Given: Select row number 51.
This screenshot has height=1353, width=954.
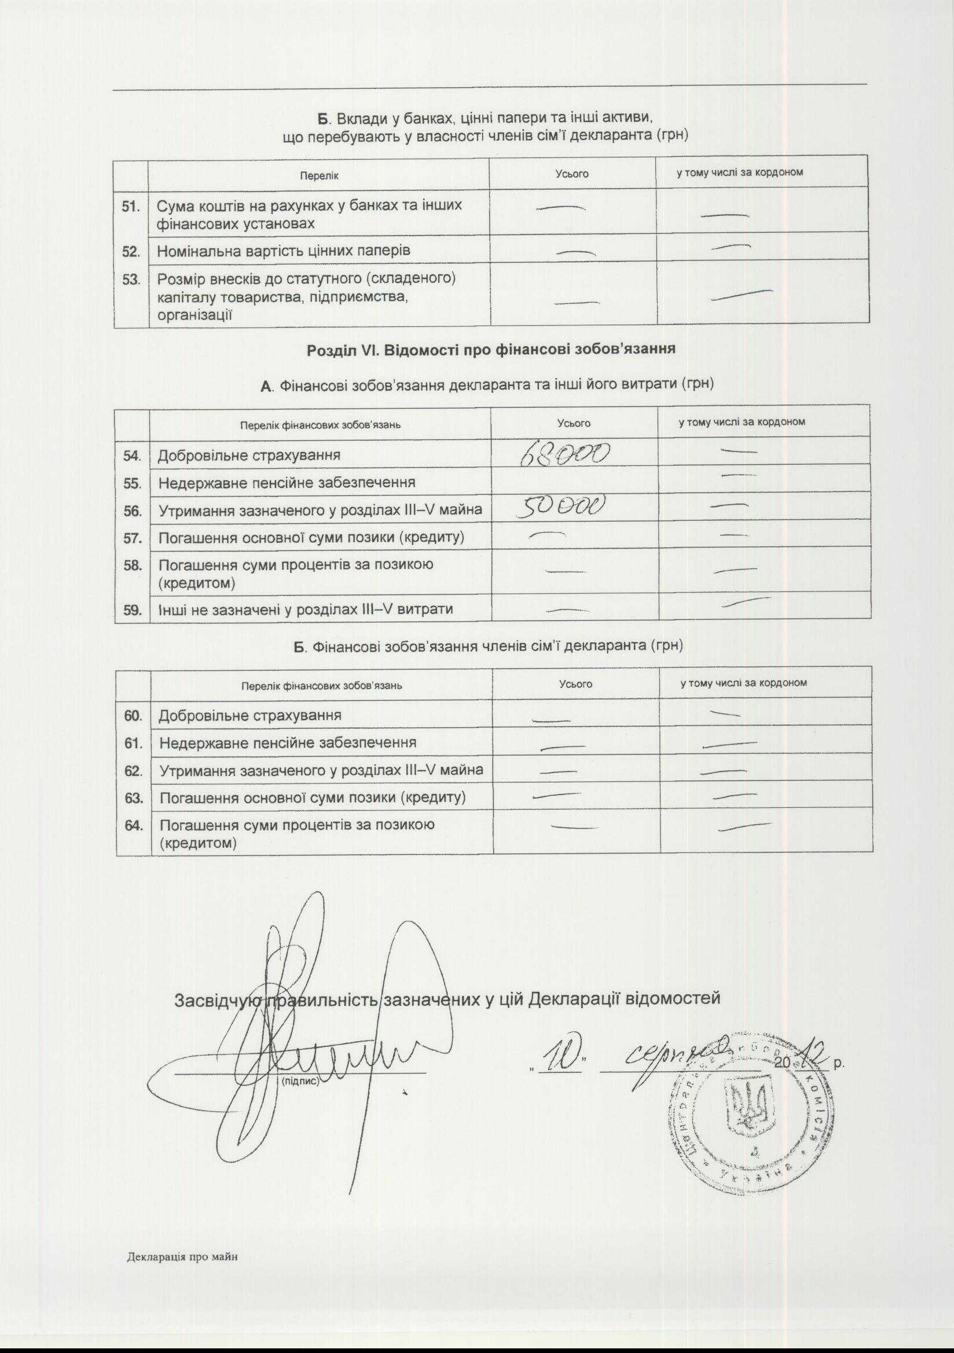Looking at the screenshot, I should pos(131,206).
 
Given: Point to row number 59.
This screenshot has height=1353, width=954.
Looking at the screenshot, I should pos(133,609).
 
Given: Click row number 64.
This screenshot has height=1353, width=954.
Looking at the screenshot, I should pos(134,826).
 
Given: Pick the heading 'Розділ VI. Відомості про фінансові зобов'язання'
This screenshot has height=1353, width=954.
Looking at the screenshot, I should pos(490,349).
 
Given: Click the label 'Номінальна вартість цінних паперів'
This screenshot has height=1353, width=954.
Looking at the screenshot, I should pos(284,251).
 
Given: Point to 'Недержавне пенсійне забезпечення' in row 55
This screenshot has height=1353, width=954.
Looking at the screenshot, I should pos(287,483).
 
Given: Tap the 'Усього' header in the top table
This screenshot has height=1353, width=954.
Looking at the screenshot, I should pos(572,174).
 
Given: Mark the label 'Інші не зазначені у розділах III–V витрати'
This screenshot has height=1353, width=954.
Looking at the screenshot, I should pos(306,609).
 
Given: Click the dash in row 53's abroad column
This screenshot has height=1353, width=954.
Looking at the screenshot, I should pos(742,294).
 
